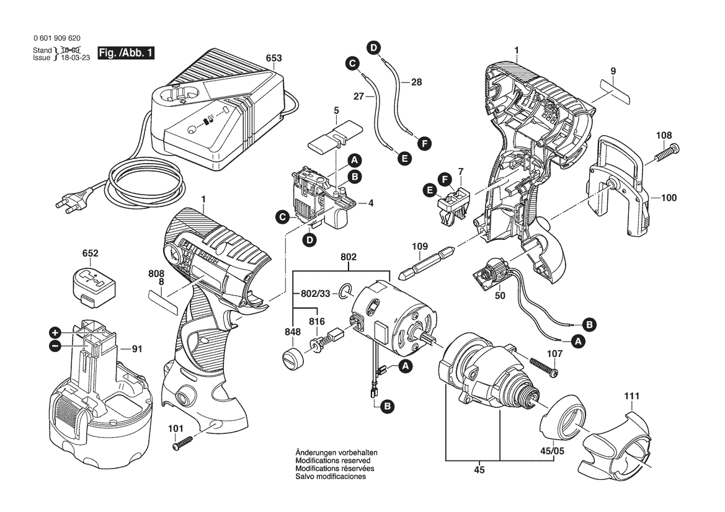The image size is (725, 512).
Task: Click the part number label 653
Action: pyautogui.click(x=274, y=58)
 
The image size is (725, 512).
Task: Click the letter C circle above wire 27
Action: pyautogui.click(x=352, y=63)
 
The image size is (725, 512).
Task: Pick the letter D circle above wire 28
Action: pyautogui.click(x=373, y=47)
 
